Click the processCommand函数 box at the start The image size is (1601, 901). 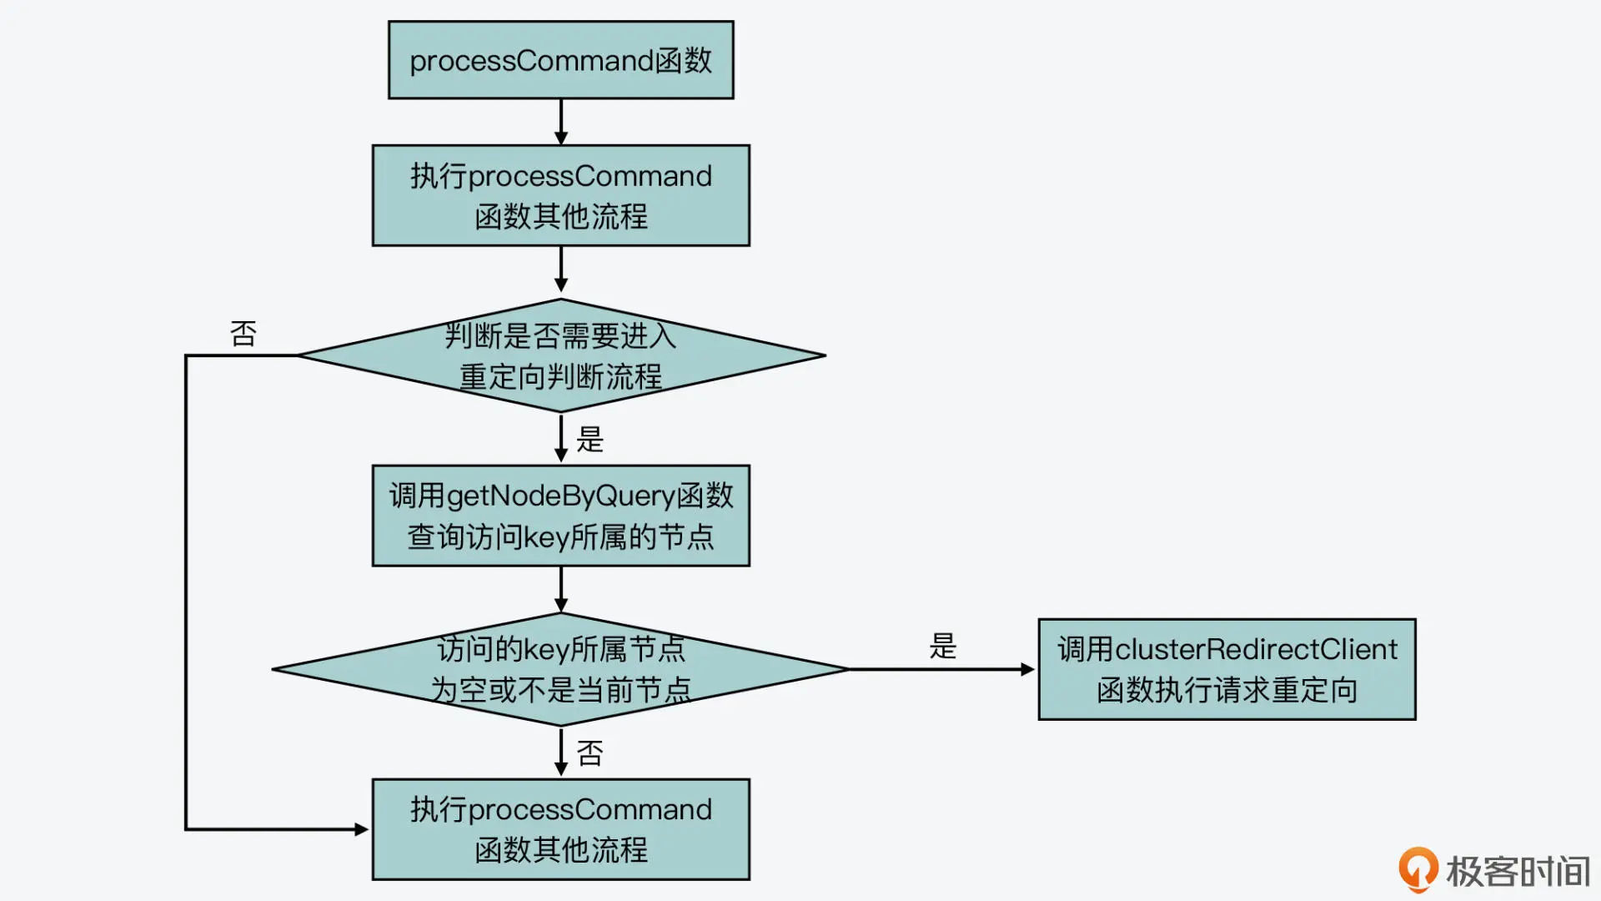pos(561,60)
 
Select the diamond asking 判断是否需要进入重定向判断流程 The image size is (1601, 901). pos(561,355)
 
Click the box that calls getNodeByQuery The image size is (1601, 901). pos(561,516)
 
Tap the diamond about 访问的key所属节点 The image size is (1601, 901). pos(561,669)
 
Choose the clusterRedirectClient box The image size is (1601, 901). pos(1227,669)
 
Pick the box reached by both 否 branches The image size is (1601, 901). pos(561,829)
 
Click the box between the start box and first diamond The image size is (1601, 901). pos(561,195)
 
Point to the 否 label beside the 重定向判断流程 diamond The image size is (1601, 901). pos(243,334)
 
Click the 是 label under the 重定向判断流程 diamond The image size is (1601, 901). pos(590,440)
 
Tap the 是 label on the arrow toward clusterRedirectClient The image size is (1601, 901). pos(943,647)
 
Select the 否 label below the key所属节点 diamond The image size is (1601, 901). pos(590,754)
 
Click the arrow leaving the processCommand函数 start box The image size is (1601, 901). pos(561,122)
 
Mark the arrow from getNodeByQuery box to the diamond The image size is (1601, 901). pos(561,590)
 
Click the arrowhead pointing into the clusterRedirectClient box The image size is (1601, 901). pos(1028,669)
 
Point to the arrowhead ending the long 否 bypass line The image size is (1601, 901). pos(362,829)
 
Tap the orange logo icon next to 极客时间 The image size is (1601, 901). pos(1418,869)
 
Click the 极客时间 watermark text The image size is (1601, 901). pos(1518,872)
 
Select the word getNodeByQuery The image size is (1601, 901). pos(561,496)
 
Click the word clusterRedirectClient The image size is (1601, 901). pos(1256,649)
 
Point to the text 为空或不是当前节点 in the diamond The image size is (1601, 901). pos(561,690)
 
